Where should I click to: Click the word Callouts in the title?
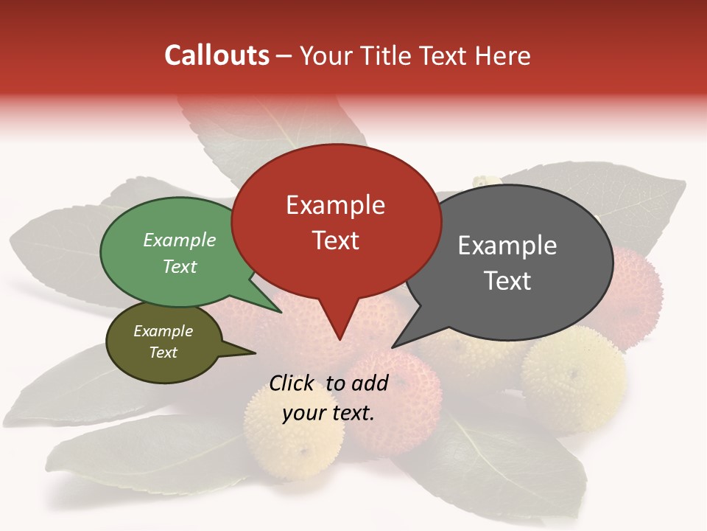(x=217, y=55)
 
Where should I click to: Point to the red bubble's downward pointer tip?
(x=340, y=339)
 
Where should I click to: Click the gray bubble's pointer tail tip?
(x=393, y=346)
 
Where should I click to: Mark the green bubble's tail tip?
(x=281, y=312)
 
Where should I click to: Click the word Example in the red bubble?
(x=335, y=205)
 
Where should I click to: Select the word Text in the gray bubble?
(x=507, y=280)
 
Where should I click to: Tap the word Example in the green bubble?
(x=180, y=240)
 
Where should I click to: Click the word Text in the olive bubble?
(x=163, y=353)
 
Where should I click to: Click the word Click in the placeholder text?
(x=292, y=383)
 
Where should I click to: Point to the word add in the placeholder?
(x=370, y=383)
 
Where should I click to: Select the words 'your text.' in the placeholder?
(x=328, y=413)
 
